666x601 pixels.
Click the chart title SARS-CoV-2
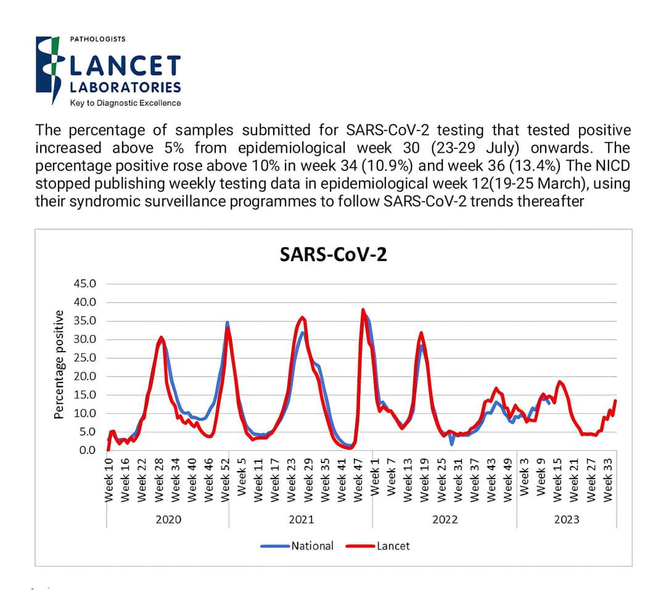(x=333, y=254)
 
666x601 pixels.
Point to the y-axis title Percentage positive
(x=59, y=365)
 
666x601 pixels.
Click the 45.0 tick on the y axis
(x=85, y=284)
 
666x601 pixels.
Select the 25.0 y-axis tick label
(x=85, y=358)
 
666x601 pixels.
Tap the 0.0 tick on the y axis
(x=87, y=450)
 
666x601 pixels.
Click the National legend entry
(x=311, y=546)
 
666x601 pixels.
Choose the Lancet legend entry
(x=393, y=546)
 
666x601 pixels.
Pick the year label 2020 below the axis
(x=168, y=519)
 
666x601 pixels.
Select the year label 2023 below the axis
(x=566, y=519)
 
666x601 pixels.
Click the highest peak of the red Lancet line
(x=363, y=309)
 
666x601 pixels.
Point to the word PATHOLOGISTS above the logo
(x=97, y=39)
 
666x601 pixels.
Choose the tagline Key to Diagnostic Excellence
(x=125, y=103)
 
